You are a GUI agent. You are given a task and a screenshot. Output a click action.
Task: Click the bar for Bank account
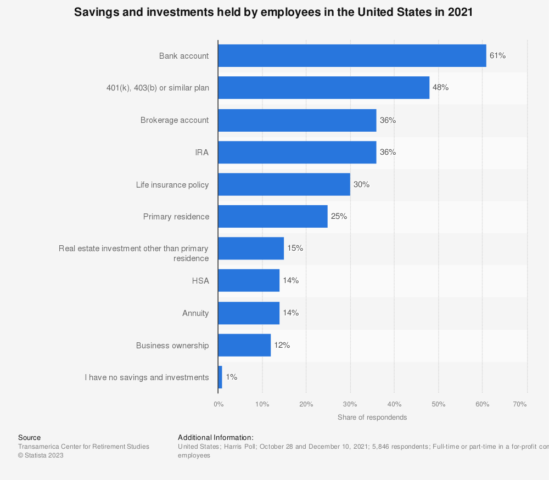tap(352, 55)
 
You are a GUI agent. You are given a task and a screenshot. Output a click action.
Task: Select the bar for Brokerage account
tap(297, 120)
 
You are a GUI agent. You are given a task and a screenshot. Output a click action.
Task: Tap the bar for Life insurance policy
tap(284, 184)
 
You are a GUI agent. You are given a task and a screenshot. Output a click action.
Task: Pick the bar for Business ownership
tap(244, 346)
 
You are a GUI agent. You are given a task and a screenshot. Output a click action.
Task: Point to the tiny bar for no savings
tap(220, 377)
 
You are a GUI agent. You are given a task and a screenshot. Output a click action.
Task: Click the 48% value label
tap(441, 88)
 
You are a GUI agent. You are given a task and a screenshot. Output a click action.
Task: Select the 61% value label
tap(497, 55)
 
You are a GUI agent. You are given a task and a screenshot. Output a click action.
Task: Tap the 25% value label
tap(339, 216)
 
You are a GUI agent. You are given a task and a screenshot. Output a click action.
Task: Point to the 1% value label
tap(232, 377)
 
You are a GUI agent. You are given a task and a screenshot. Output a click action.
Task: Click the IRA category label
tap(202, 153)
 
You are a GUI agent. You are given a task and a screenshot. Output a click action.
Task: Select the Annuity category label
tap(195, 313)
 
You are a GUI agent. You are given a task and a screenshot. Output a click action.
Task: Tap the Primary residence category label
tap(176, 217)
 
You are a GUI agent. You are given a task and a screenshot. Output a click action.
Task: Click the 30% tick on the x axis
tap(350, 404)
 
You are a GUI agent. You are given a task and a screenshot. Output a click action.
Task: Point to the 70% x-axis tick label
tap(520, 404)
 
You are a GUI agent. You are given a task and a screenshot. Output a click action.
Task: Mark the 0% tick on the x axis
tap(219, 404)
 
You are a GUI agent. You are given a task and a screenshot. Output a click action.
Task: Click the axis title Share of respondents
tap(372, 417)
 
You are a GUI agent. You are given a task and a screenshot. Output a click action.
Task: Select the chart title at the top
tap(273, 13)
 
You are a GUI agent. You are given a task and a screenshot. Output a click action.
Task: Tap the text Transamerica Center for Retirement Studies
tap(83, 447)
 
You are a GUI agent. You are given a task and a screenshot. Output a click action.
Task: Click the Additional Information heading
tap(216, 437)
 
